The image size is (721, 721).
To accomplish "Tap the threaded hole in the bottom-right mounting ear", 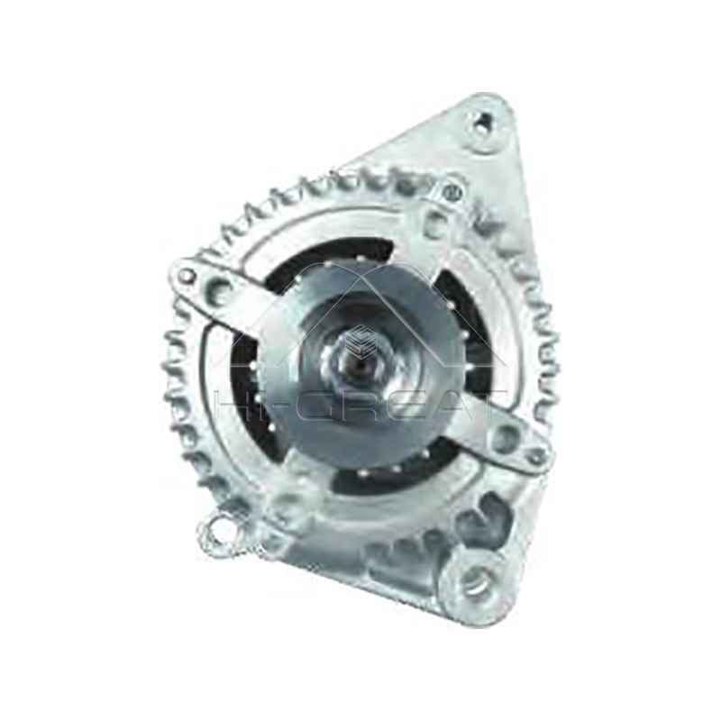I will (474, 580).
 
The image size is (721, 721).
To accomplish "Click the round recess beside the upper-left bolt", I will (219, 289).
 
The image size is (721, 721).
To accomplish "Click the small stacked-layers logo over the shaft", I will (360, 335).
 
